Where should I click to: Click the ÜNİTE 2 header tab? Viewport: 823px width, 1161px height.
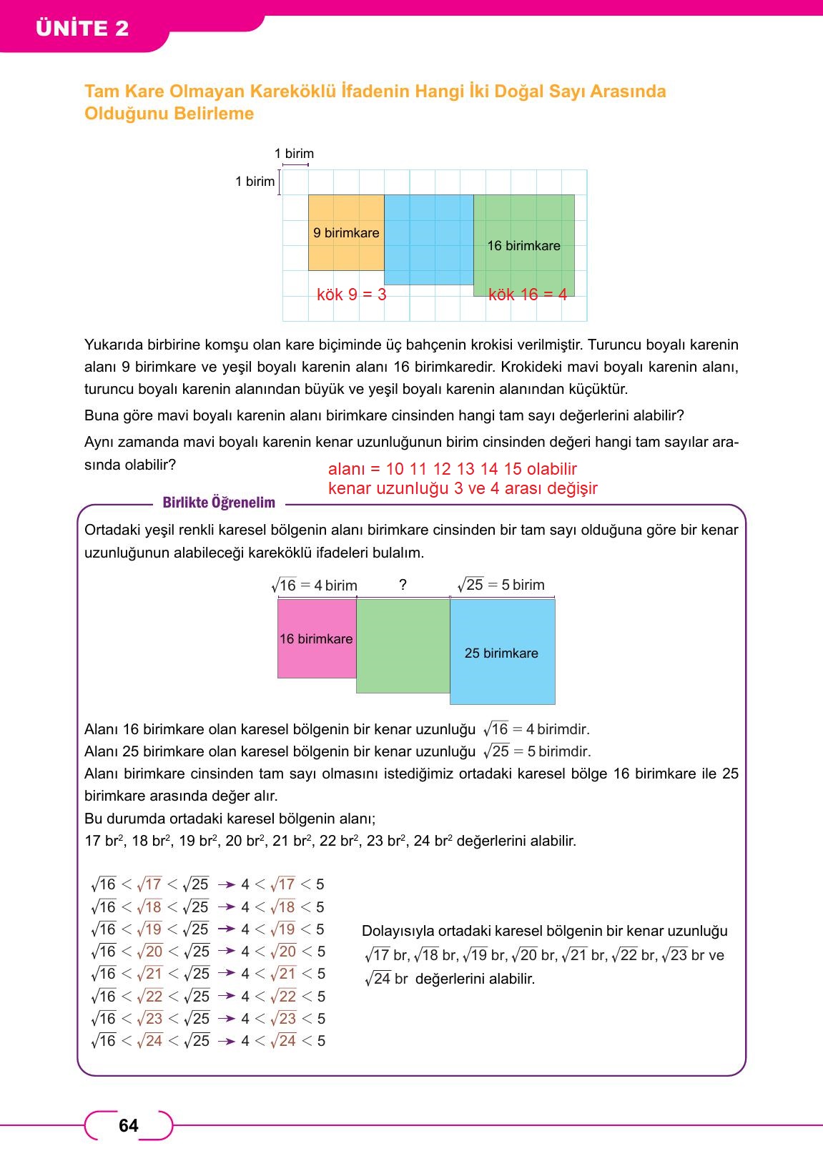[x=82, y=28]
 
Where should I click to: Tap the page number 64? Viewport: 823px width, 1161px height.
[x=129, y=1126]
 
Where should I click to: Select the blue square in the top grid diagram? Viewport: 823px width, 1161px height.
[x=428, y=239]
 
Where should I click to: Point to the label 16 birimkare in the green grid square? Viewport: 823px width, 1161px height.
[x=523, y=246]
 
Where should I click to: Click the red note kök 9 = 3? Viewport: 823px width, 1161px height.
[x=351, y=295]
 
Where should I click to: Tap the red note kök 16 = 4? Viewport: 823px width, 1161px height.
[x=527, y=295]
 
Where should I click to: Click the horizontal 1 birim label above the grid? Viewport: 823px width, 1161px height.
[x=294, y=154]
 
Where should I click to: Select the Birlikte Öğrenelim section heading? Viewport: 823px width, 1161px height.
[x=219, y=503]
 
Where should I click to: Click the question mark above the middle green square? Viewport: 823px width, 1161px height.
[x=403, y=585]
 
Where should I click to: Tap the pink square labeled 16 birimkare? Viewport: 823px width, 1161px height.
[x=316, y=638]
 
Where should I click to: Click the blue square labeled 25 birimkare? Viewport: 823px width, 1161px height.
[x=502, y=653]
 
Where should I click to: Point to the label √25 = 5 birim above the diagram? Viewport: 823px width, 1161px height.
[x=502, y=585]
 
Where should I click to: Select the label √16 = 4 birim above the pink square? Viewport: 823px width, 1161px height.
[x=315, y=586]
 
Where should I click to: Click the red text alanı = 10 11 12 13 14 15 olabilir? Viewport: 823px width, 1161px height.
[x=452, y=469]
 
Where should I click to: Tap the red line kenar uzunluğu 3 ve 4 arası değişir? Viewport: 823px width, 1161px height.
[x=462, y=488]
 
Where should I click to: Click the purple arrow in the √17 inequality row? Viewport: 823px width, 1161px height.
[x=227, y=885]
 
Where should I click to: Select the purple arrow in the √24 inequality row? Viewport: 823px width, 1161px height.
[x=227, y=1042]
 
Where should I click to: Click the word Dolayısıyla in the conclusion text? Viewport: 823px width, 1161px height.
[x=398, y=931]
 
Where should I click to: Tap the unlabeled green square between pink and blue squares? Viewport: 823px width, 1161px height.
[x=403, y=646]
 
